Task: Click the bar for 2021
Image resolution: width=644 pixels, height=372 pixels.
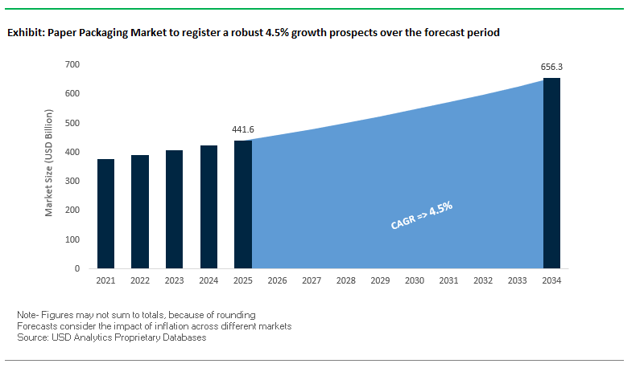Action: click(x=105, y=214)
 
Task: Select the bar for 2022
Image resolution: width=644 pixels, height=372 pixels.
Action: click(x=140, y=211)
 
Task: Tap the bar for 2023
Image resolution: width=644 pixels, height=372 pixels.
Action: click(x=174, y=209)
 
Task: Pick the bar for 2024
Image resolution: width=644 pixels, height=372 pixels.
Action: click(x=208, y=206)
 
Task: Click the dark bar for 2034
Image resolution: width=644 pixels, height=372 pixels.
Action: click(x=551, y=173)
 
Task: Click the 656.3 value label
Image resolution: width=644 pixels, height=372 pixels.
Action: click(x=551, y=66)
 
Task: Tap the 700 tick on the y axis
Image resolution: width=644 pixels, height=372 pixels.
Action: click(x=72, y=64)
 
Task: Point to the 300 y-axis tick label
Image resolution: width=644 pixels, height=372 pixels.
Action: click(x=72, y=181)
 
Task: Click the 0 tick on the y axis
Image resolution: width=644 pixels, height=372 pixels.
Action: click(x=77, y=268)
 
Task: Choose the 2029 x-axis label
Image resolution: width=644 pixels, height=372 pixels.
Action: click(x=380, y=281)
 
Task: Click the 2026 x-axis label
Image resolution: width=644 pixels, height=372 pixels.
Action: click(x=277, y=281)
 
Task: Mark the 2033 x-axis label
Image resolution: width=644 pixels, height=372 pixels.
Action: click(x=518, y=281)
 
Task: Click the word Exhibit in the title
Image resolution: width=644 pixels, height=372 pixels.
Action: click(x=25, y=34)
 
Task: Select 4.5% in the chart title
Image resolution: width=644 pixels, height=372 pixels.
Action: click(x=279, y=34)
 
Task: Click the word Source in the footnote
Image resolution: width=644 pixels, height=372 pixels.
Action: click(x=31, y=337)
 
